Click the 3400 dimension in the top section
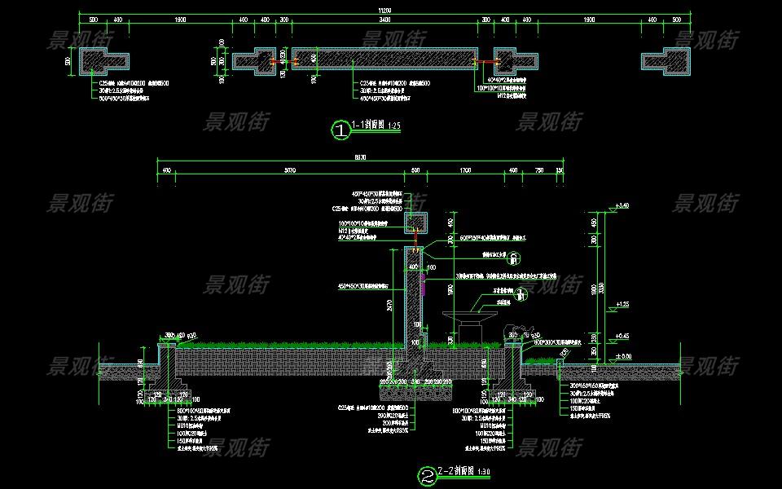tap(384, 18)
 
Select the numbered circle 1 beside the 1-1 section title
tap(340, 129)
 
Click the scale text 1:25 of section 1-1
tap(395, 126)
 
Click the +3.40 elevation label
tap(624, 205)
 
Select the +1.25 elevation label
tap(624, 304)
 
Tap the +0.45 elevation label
tap(624, 336)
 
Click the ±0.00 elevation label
tap(624, 356)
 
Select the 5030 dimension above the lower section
tap(290, 171)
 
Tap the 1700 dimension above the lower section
tap(465, 171)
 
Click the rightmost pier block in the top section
tap(666, 61)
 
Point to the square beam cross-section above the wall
tap(416, 222)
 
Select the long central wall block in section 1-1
tap(384, 59)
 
